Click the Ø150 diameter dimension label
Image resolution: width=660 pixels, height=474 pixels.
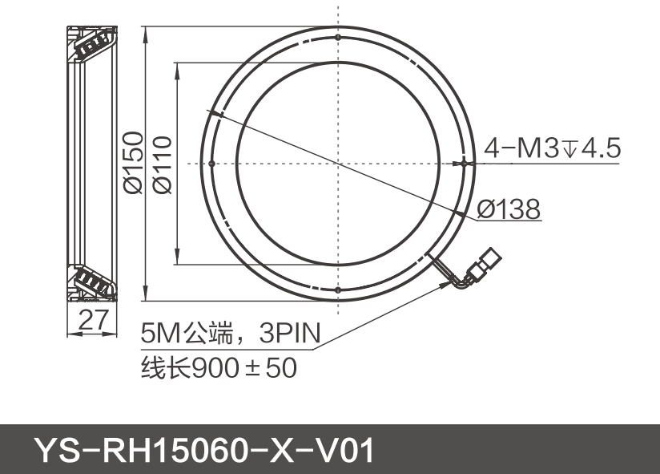click(x=132, y=163)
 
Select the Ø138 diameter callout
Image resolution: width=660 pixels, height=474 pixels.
click(x=509, y=209)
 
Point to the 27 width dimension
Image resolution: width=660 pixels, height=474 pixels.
click(x=94, y=321)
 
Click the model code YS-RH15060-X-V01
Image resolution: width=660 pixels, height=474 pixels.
click(x=204, y=451)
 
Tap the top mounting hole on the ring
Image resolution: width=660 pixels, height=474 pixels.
click(x=338, y=37)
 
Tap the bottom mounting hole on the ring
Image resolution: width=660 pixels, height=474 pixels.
click(x=338, y=290)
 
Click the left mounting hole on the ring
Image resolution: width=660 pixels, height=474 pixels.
click(x=211, y=163)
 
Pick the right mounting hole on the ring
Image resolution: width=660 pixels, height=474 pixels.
click(x=465, y=163)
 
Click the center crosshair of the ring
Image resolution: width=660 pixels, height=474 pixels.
click(x=338, y=163)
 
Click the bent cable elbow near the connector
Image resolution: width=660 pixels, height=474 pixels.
click(x=461, y=281)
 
